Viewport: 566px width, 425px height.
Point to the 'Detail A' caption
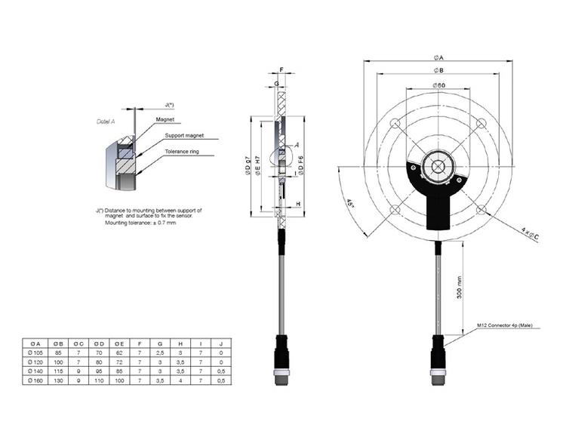[106, 121]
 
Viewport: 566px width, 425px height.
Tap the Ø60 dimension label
[438, 86]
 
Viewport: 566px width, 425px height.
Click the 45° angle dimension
[352, 205]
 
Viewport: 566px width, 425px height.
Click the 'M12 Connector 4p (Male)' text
[505, 325]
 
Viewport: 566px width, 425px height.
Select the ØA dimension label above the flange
[438, 57]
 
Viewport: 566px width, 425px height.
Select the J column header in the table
[220, 343]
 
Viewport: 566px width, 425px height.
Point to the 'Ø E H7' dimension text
[258, 166]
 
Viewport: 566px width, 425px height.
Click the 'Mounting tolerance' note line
[140, 223]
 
